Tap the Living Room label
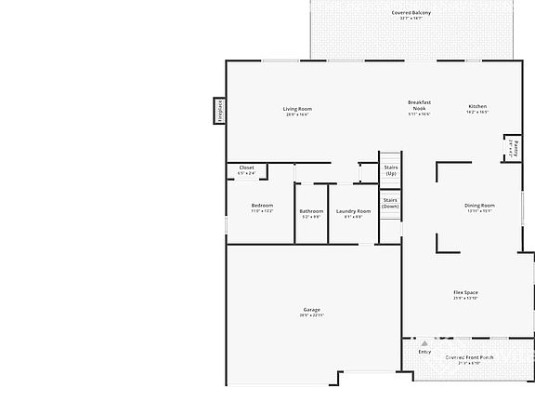point(297,109)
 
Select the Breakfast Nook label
point(419,105)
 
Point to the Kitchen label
point(477,106)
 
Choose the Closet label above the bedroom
point(246,168)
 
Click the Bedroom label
point(262,206)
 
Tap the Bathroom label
point(311,210)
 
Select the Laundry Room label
point(353,210)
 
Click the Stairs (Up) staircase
point(391,169)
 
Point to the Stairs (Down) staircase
point(390,203)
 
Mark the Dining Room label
point(479,205)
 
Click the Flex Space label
point(465,292)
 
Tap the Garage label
point(311,309)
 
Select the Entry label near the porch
point(424,352)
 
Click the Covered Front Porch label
point(469,357)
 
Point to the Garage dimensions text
point(311,315)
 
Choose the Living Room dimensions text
point(297,114)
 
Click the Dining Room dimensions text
point(479,211)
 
